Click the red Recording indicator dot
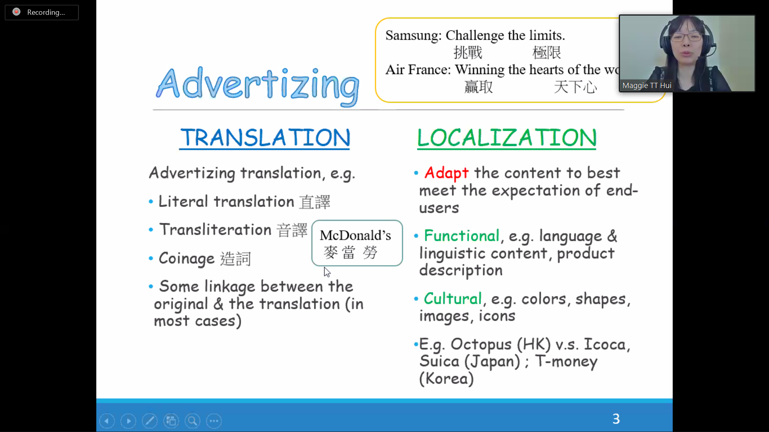point(16,12)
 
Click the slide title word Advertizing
point(258,85)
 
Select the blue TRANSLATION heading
point(265,138)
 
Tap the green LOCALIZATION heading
point(507,138)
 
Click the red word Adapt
point(446,173)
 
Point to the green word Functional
point(462,236)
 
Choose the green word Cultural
point(453,298)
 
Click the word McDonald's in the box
point(355,235)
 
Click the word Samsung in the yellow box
point(413,36)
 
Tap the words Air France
point(418,70)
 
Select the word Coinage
point(187,259)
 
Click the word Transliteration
point(215,230)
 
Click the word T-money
point(566,362)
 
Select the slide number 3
point(616,419)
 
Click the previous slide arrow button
point(107,421)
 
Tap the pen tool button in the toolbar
point(150,421)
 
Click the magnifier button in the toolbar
point(193,421)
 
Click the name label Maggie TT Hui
point(647,86)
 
